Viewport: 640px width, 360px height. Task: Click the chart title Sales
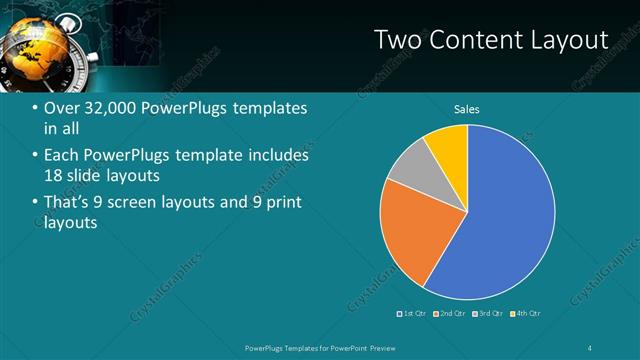[x=468, y=108]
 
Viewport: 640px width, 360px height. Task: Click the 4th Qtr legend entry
[x=526, y=313]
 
